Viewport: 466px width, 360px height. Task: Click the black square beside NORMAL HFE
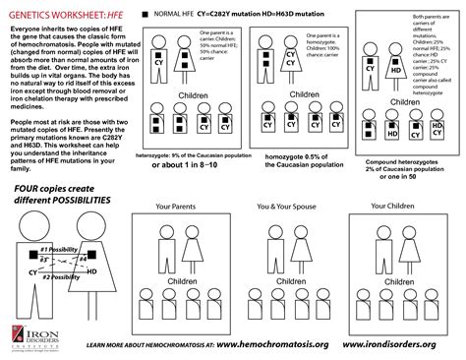point(146,15)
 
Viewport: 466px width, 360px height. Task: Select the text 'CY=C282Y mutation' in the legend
point(231,15)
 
